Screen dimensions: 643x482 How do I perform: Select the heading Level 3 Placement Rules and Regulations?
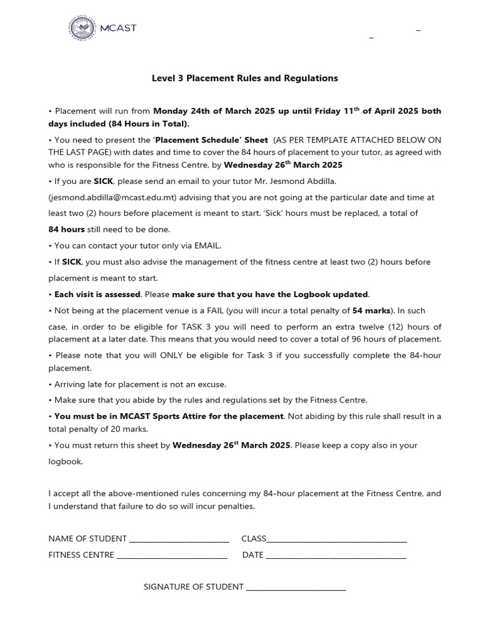[x=245, y=78]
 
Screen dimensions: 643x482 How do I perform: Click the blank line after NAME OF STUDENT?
[x=178, y=539]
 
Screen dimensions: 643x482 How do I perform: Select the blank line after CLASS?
[x=337, y=539]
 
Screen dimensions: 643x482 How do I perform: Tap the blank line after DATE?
[x=336, y=555]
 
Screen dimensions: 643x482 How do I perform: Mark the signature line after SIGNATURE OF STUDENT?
[x=296, y=587]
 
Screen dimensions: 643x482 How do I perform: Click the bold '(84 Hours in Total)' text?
[x=149, y=124]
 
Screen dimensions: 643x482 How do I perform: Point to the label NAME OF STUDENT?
[x=87, y=539]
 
